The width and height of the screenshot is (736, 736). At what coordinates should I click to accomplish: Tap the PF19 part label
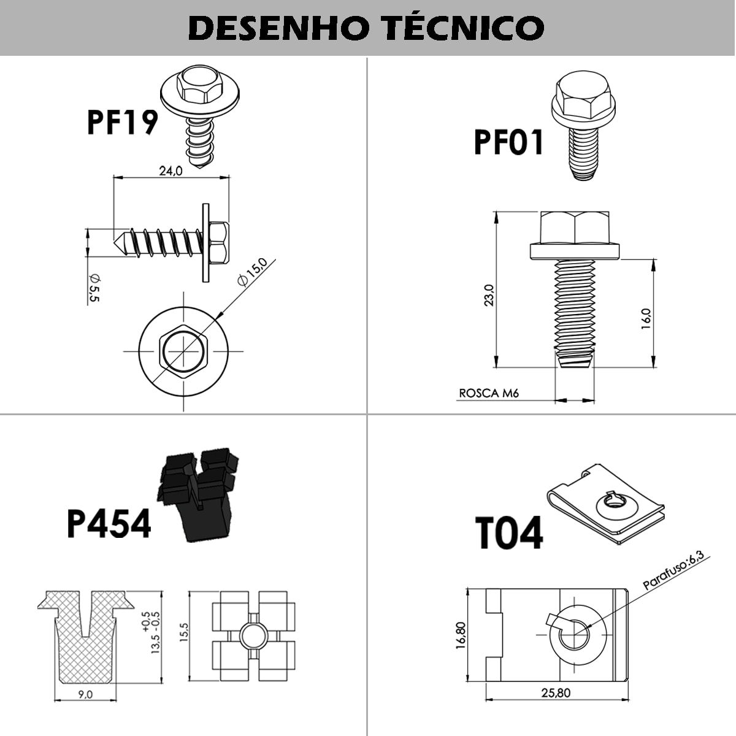121,122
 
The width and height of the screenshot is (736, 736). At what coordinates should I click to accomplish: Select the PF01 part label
508,142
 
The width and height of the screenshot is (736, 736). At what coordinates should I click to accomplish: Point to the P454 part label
109,524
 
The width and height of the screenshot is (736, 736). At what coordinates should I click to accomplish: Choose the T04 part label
508,533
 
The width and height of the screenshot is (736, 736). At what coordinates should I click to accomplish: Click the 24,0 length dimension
171,171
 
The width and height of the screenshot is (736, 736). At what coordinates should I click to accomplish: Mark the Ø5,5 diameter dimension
94,288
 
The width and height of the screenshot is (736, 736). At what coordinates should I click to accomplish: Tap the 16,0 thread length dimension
645,319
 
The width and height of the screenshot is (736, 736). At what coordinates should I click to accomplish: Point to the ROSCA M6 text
489,393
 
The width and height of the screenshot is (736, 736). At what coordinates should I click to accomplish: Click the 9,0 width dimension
86,694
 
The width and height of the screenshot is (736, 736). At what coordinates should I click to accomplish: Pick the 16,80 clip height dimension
461,634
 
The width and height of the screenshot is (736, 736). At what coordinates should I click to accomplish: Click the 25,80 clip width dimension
556,693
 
